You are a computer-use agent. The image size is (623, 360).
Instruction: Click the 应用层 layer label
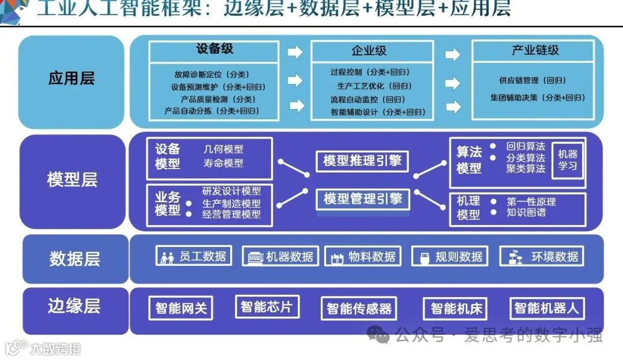72,79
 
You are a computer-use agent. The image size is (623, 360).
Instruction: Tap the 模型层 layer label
72,179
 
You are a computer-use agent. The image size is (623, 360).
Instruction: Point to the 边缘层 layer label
74,306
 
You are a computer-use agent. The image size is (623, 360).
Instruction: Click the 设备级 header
215,49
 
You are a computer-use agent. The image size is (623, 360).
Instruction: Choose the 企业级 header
369,51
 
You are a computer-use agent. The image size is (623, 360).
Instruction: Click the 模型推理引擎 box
362,161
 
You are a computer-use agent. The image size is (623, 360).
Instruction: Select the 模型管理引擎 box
362,199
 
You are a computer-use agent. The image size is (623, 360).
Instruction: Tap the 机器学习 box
567,160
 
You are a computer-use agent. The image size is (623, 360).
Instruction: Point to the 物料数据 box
362,257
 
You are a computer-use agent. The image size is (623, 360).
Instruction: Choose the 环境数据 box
541,257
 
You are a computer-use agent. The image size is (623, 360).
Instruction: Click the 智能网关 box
181,308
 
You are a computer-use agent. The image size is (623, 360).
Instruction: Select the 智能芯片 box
267,306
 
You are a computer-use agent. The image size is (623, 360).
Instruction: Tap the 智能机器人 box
546,308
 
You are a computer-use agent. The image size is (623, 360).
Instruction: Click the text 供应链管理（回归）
532,81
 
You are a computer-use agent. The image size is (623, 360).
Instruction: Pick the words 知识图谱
526,212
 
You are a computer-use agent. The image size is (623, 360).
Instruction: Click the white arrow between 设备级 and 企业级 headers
295,52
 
